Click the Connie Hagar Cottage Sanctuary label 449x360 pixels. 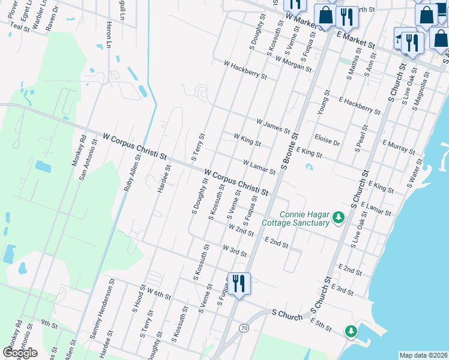point(296,219)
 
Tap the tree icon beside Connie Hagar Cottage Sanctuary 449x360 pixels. point(339,217)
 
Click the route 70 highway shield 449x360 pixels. point(243,328)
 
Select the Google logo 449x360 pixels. point(20,353)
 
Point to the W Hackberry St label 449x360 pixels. point(245,69)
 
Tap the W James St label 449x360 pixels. point(273,126)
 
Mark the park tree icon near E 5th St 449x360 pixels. point(351,331)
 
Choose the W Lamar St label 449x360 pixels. point(259,167)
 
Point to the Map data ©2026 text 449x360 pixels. point(423,355)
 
